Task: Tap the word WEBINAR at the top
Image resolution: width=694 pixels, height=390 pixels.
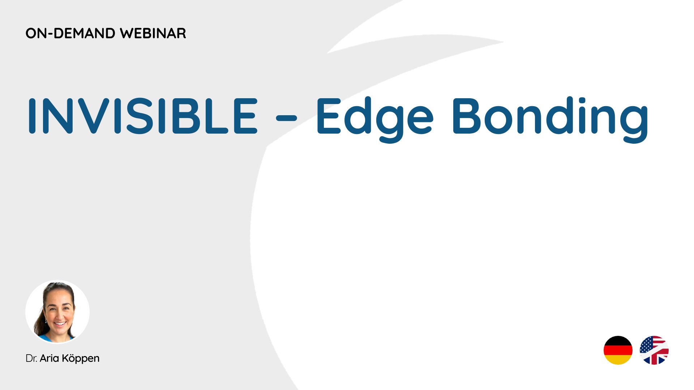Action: pos(153,33)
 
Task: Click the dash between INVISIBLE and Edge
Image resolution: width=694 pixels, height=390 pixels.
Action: pos(286,117)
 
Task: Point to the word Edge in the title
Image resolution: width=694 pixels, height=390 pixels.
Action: pos(375,119)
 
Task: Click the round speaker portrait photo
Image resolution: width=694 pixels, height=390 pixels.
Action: pos(57,312)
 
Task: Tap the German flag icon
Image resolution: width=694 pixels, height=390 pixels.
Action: pos(618,350)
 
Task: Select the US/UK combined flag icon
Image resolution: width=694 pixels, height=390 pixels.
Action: pos(654,350)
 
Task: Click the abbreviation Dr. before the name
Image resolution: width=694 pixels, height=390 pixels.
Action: pos(31,358)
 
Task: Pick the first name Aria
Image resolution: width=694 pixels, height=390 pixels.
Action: pos(50,358)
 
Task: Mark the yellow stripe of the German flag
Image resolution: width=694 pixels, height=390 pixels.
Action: pos(618,360)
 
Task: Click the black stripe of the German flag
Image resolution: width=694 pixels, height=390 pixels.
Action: pos(618,341)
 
